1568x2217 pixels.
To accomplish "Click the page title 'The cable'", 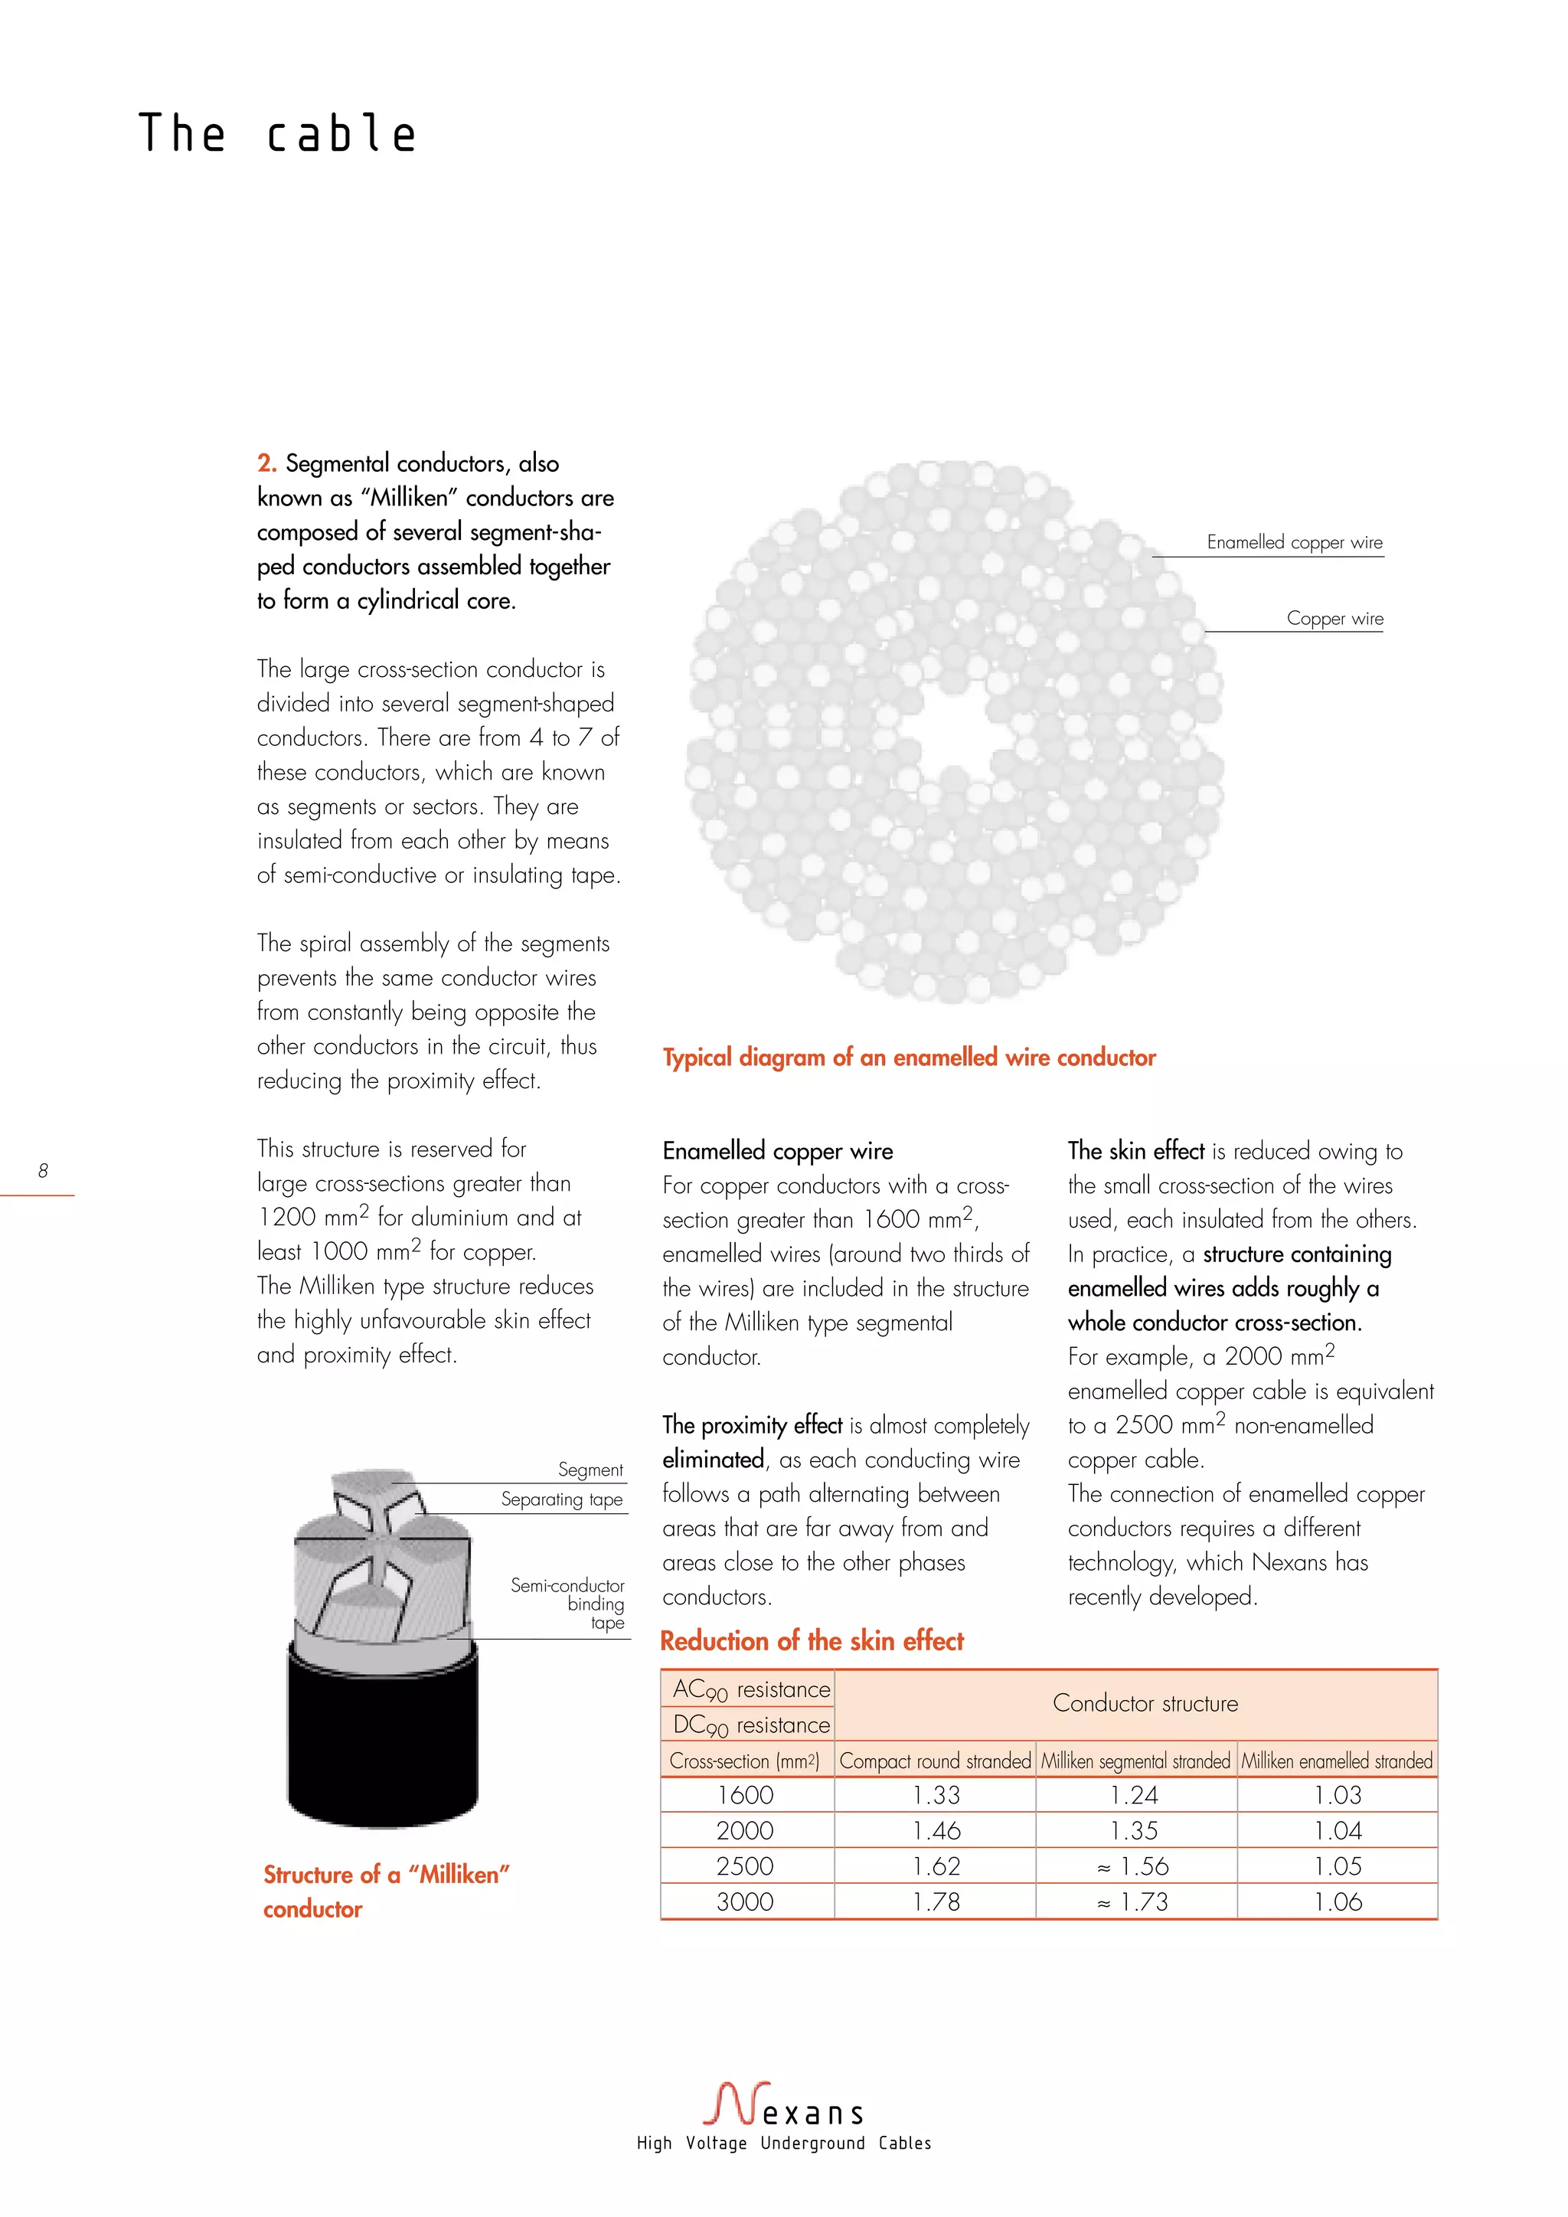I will (277, 133).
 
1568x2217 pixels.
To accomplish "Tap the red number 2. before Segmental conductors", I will (266, 463).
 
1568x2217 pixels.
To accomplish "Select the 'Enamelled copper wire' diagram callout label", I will (1294, 543).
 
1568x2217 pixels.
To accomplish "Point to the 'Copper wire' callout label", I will (1334, 619).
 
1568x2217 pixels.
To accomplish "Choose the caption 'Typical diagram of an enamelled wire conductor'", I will (909, 1058).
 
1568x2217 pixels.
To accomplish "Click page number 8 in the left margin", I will (42, 1170).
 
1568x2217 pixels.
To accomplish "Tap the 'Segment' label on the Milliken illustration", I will (590, 1470).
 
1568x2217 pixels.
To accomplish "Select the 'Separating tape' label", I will (561, 1499).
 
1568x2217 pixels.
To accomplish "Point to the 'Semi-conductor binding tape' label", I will (570, 1604).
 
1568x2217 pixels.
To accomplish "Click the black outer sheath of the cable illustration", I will (382, 1738).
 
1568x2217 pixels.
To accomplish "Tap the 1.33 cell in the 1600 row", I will (936, 1795).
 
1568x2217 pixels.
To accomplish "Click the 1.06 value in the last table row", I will (1338, 1902).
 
